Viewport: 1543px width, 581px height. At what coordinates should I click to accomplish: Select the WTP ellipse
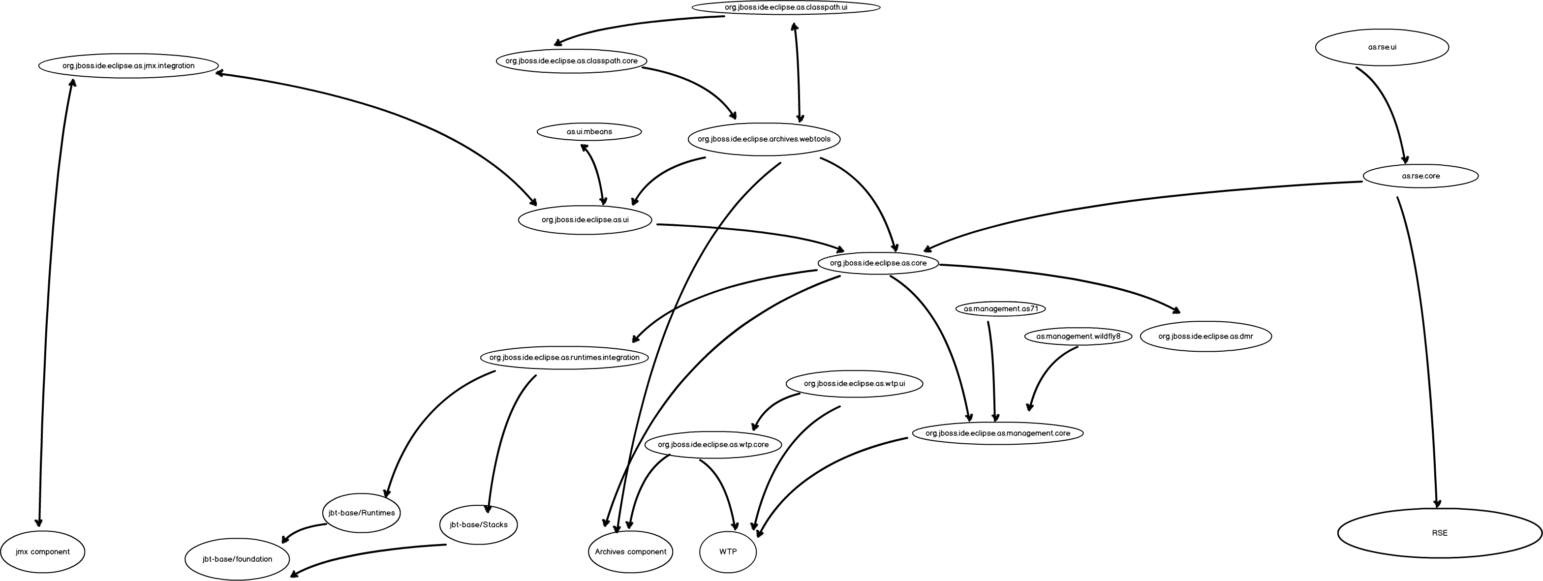coord(728,551)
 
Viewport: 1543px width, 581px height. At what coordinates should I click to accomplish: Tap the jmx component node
coord(42,551)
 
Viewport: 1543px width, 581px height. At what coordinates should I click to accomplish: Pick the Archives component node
coord(630,551)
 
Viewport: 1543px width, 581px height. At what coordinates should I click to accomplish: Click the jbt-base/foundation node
coord(237,559)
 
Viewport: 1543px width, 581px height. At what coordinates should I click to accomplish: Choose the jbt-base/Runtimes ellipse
coord(361,513)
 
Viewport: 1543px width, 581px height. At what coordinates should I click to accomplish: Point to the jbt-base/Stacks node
coord(478,525)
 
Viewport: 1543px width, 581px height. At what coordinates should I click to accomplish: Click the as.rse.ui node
coord(1382,47)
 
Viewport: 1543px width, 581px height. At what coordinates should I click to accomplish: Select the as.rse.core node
coord(1420,176)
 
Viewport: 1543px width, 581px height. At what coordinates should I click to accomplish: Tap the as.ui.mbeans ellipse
coord(589,132)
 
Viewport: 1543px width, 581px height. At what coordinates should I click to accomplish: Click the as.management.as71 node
coord(1000,309)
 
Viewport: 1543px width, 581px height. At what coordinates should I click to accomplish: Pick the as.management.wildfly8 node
coord(1078,336)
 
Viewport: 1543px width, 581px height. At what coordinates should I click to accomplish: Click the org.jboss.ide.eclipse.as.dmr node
coord(1205,336)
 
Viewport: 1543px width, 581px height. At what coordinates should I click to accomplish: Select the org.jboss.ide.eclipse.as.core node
coord(878,263)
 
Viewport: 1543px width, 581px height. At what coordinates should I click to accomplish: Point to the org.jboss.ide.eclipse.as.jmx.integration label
coord(128,66)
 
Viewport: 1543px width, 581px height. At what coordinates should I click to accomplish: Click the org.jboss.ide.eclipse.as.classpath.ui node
coord(786,8)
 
